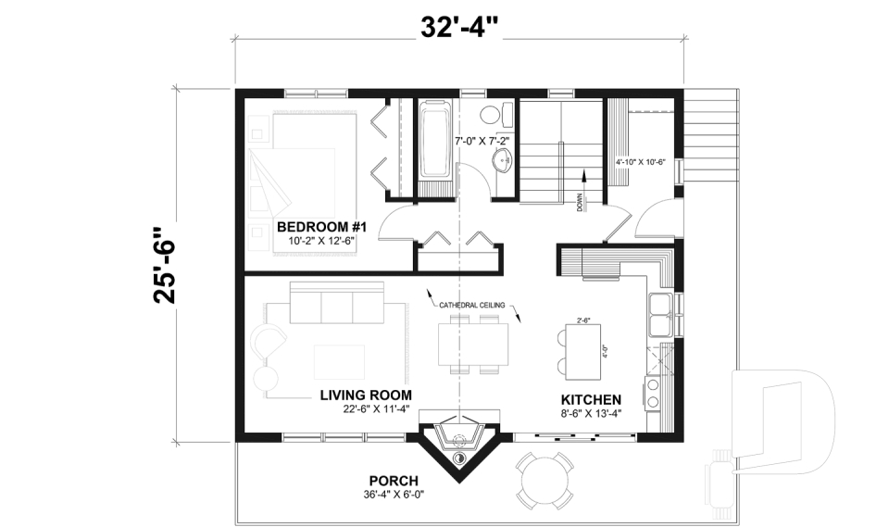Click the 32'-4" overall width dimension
pos(459,27)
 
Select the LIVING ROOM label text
pos(366,395)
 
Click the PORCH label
pos(394,481)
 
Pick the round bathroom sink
pos(503,160)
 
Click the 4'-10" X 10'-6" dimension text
pos(641,161)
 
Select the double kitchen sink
pos(661,315)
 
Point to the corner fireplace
pos(460,442)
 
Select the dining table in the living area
pos(473,344)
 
